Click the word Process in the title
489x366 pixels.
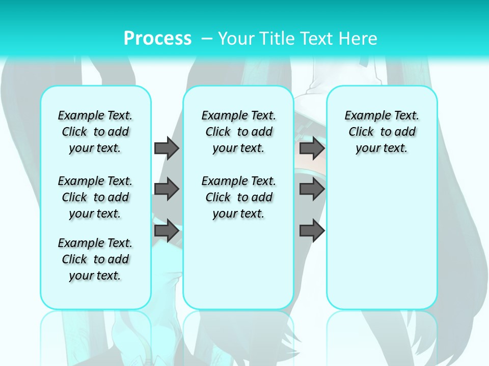pos(157,39)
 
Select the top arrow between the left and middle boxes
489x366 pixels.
pos(167,148)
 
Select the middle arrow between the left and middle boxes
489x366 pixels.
pos(167,189)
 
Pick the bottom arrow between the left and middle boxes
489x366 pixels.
pos(167,231)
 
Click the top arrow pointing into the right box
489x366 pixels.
pos(312,148)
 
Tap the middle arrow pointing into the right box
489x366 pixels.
pos(312,189)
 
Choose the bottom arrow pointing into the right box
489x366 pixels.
pos(312,231)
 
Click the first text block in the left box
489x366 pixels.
pos(95,132)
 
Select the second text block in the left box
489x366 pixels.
pos(95,197)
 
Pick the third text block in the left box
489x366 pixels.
pos(95,259)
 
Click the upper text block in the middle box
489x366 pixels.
pos(238,132)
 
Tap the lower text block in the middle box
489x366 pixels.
pos(238,197)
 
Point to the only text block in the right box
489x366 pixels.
pos(382,132)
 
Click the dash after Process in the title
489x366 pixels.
pos(207,39)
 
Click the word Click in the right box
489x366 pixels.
pos(361,132)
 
